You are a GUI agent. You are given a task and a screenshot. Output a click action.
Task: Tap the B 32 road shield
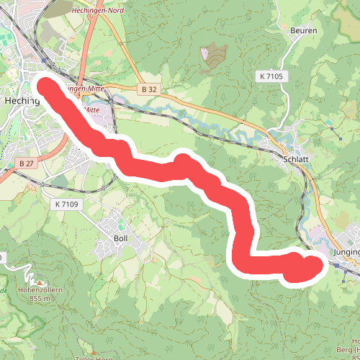pyautogui.click(x=148, y=89)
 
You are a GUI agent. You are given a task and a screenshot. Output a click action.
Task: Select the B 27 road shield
pyautogui.click(x=27, y=163)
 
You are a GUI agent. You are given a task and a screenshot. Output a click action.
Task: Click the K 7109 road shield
pyautogui.click(x=68, y=204)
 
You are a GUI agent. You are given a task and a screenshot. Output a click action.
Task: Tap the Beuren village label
pyautogui.click(x=304, y=30)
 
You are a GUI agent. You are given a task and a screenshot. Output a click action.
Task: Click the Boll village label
pyautogui.click(x=121, y=238)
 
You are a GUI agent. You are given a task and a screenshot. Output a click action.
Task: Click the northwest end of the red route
pyautogui.click(x=45, y=86)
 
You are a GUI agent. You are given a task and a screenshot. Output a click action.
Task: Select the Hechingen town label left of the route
pyautogui.click(x=21, y=102)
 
